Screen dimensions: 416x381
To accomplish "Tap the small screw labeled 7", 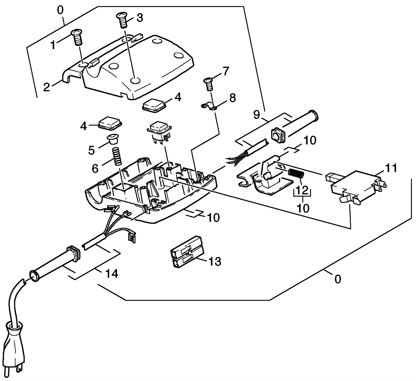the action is click(x=208, y=84).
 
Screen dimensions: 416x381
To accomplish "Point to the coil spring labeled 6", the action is click(x=118, y=156).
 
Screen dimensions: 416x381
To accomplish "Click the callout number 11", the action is click(x=391, y=168).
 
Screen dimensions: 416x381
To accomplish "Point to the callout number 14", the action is click(x=112, y=274).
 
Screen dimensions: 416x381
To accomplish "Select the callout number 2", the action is click(x=46, y=87).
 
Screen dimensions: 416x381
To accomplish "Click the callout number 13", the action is click(x=215, y=262).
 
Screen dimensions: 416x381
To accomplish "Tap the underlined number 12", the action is click(x=302, y=190).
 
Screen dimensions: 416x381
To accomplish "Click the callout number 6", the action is click(x=95, y=169).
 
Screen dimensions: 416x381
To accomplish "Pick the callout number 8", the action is click(x=232, y=98).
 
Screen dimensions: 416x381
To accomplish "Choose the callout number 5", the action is click(x=91, y=150).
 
